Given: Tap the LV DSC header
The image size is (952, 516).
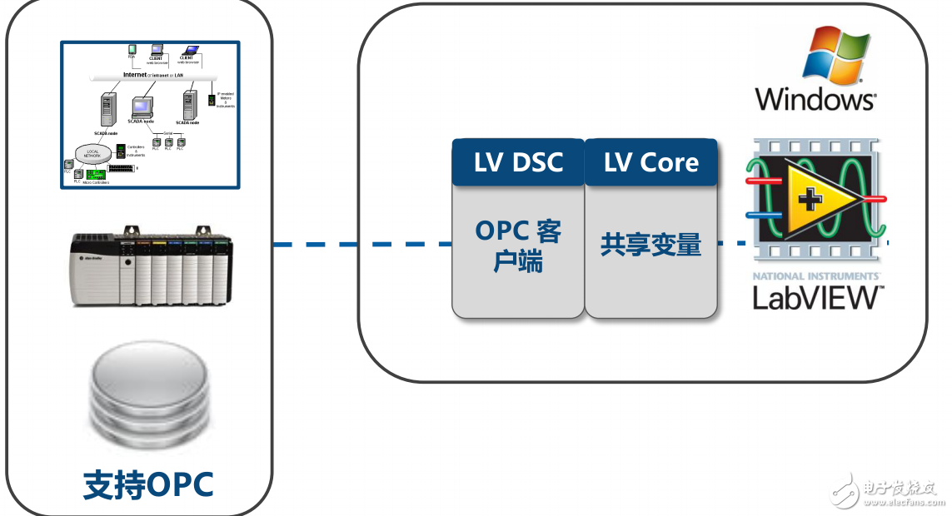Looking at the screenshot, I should coord(518,162).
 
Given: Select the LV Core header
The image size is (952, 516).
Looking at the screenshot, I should coord(651,162).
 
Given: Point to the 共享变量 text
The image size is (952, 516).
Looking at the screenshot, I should coord(650,245).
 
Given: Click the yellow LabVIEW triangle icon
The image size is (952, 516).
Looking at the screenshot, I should coord(811,200).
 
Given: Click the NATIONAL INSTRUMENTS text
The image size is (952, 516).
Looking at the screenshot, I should coord(816,275).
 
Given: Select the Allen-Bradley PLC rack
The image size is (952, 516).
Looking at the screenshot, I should coord(149,265).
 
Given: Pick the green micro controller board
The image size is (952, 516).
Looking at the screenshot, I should coord(97,174).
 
